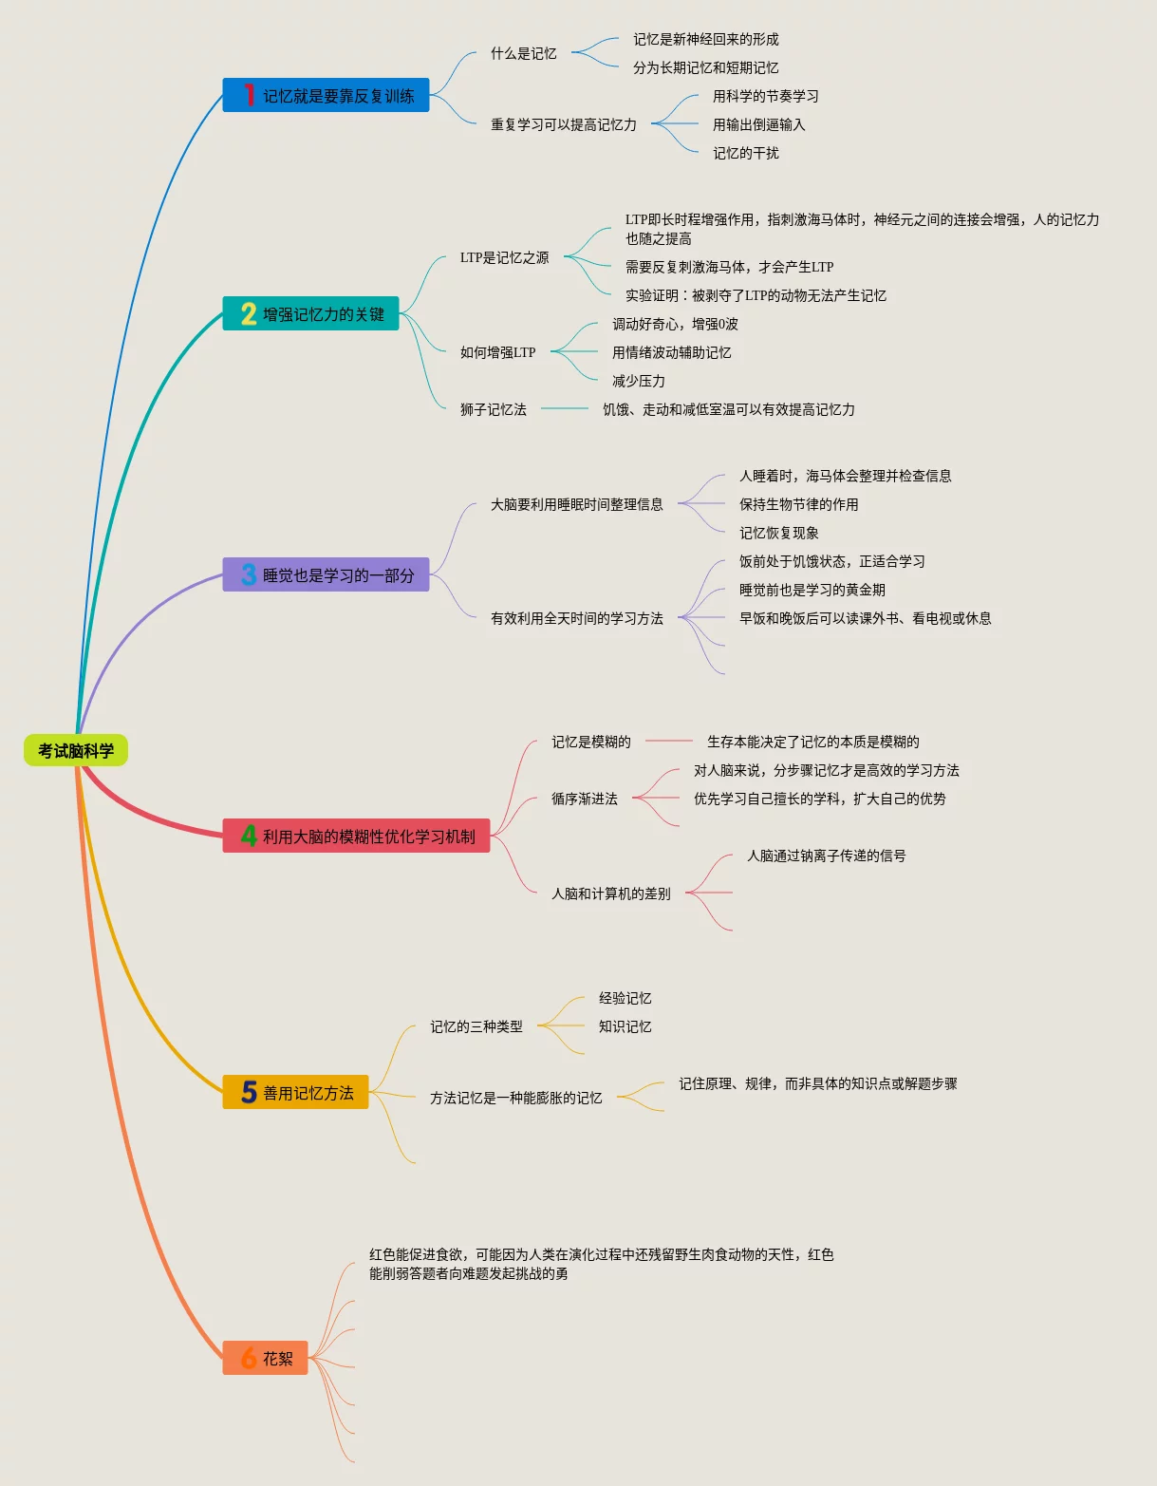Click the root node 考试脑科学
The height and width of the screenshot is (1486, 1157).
pos(76,750)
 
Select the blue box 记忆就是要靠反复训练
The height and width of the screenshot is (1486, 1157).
pos(326,95)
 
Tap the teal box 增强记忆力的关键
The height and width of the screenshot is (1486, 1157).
pos(310,313)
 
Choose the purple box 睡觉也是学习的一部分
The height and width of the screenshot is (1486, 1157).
pos(326,574)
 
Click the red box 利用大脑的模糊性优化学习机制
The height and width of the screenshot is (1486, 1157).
pos(356,836)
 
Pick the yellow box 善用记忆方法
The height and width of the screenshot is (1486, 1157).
pos(295,1092)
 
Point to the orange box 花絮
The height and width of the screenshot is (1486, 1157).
pos(265,1358)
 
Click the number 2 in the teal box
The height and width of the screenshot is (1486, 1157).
pos(249,313)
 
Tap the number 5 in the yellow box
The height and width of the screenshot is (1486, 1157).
pos(249,1092)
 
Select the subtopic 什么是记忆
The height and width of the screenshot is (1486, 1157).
pos(523,53)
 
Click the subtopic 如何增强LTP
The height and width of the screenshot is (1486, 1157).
pos(497,352)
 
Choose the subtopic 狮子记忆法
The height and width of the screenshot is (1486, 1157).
pos(493,409)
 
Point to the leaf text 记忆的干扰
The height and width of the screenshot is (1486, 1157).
pos(745,153)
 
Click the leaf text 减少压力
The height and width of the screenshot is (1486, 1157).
pos(638,381)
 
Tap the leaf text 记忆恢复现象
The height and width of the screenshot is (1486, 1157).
pos(778,533)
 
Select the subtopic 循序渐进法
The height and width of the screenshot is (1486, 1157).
pos(584,799)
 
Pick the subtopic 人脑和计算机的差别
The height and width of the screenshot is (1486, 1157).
pos(610,893)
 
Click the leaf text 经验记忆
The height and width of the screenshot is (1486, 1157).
pos(625,998)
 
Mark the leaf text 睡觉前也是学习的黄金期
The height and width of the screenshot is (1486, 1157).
pos(812,590)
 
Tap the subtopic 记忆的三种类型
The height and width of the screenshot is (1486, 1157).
pos(476,1026)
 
